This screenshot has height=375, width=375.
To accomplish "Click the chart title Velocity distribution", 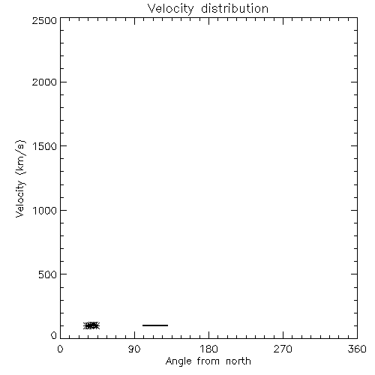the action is pyautogui.click(x=208, y=9).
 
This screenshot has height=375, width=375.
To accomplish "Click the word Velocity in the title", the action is pyautogui.click(x=170, y=9).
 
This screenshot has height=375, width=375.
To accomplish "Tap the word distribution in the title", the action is pyautogui.click(x=235, y=8).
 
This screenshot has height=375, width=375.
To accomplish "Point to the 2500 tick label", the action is pyautogui.click(x=44, y=20).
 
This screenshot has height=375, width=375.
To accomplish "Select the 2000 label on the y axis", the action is pyautogui.click(x=44, y=82).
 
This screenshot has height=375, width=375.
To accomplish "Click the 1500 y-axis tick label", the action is pyautogui.click(x=45, y=146).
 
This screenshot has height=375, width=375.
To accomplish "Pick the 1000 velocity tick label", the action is pyautogui.click(x=45, y=210).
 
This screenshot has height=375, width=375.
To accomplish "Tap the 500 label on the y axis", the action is pyautogui.click(x=48, y=274).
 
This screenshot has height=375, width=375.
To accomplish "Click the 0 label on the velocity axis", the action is pyautogui.click(x=54, y=335).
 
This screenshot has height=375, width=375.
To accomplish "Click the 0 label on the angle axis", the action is pyautogui.click(x=60, y=349).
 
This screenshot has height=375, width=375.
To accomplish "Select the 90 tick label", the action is pyautogui.click(x=134, y=349).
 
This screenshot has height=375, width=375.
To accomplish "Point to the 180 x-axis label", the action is pyautogui.click(x=208, y=349).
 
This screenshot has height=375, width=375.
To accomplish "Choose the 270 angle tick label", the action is pyautogui.click(x=283, y=349).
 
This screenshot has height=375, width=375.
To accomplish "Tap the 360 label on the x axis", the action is pyautogui.click(x=357, y=349).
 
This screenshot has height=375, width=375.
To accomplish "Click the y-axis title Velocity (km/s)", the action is pyautogui.click(x=20, y=178).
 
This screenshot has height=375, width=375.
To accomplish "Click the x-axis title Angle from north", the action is pyautogui.click(x=208, y=361).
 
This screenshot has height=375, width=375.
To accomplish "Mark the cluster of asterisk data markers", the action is pyautogui.click(x=91, y=325).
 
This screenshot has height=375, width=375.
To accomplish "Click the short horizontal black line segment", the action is pyautogui.click(x=155, y=325).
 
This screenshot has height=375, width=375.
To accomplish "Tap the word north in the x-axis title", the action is pyautogui.click(x=238, y=361).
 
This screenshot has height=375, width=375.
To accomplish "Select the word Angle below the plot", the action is pyautogui.click(x=178, y=361).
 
